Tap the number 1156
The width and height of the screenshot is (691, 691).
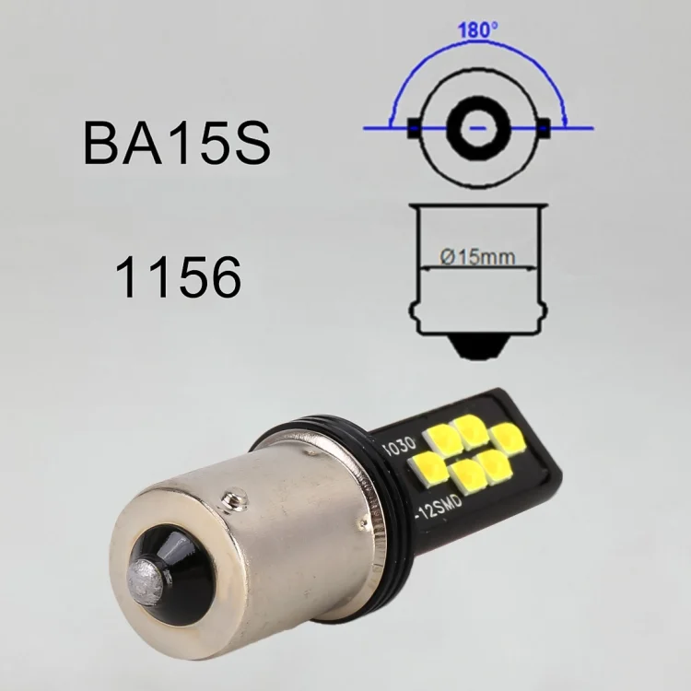178,275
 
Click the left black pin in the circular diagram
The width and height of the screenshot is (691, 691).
414,128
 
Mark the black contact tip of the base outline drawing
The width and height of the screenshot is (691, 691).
477,347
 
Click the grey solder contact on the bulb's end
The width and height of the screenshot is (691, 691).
145,575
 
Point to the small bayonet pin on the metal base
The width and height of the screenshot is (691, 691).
239,499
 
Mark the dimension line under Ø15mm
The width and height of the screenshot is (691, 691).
477,268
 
